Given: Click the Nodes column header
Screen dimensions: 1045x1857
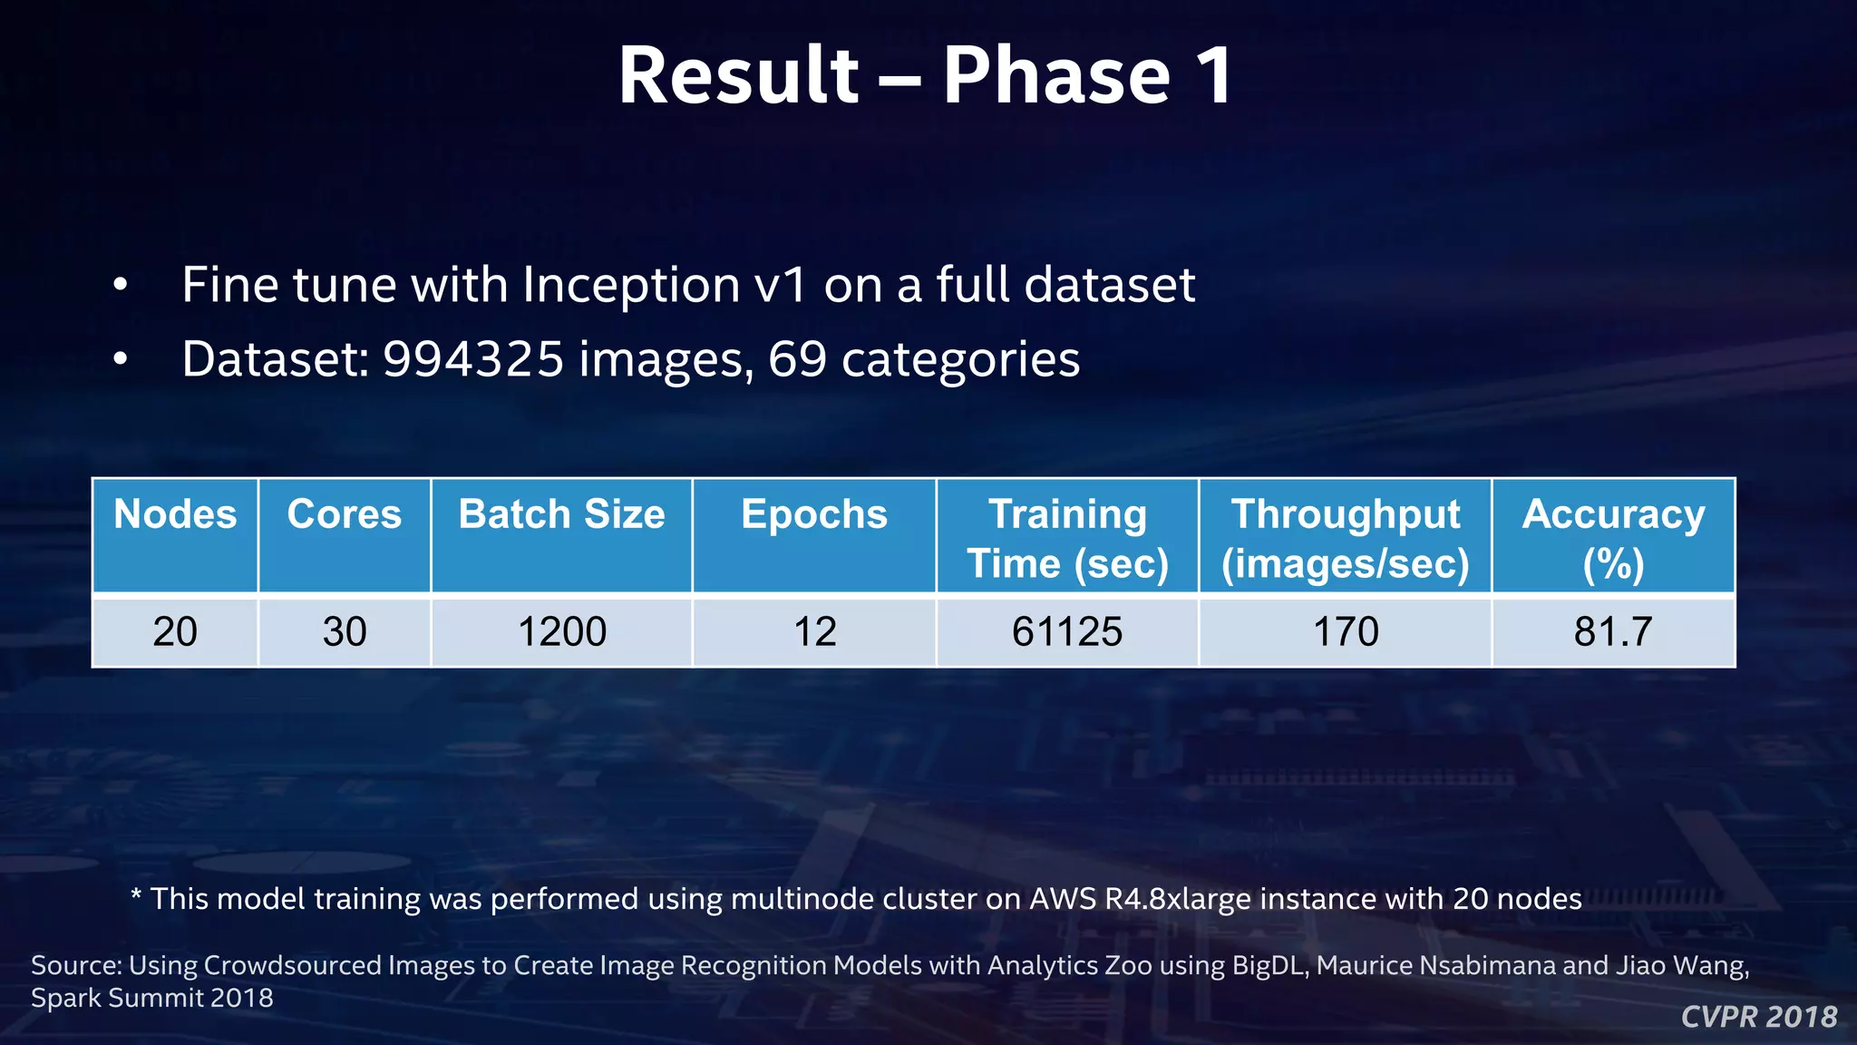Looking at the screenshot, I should coord(175,514).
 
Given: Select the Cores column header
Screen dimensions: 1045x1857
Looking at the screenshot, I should coord(345,514).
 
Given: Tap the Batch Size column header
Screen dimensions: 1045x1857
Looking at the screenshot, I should coord(561,514).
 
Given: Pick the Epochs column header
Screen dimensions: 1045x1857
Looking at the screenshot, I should coord(814,514).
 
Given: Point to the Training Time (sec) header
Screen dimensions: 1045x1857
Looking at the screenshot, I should coord(1067,538).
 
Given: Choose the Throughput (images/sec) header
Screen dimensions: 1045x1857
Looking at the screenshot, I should coord(1346,538).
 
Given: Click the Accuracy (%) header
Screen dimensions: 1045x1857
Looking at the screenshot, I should coord(1614,538).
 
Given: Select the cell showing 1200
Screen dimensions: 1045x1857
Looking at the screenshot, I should coord(561,631).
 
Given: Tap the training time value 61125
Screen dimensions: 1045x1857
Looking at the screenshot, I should coord(1067,631).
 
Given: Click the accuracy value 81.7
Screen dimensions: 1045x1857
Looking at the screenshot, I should coord(1614,631).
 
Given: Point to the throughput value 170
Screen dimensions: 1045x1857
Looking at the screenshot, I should coord(1346,631).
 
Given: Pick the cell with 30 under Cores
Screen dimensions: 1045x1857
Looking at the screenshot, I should coord(345,631).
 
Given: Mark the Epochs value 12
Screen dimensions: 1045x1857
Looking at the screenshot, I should coord(814,631).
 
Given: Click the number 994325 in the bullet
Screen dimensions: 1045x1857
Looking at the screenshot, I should coord(474,359).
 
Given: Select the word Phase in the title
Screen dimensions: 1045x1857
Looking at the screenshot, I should coord(1056,76).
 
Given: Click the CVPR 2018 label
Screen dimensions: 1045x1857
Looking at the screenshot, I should coord(1759,1017).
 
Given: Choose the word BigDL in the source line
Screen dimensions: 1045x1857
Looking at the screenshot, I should coord(1269,965).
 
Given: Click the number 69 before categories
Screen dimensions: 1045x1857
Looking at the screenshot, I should coord(797,359).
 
